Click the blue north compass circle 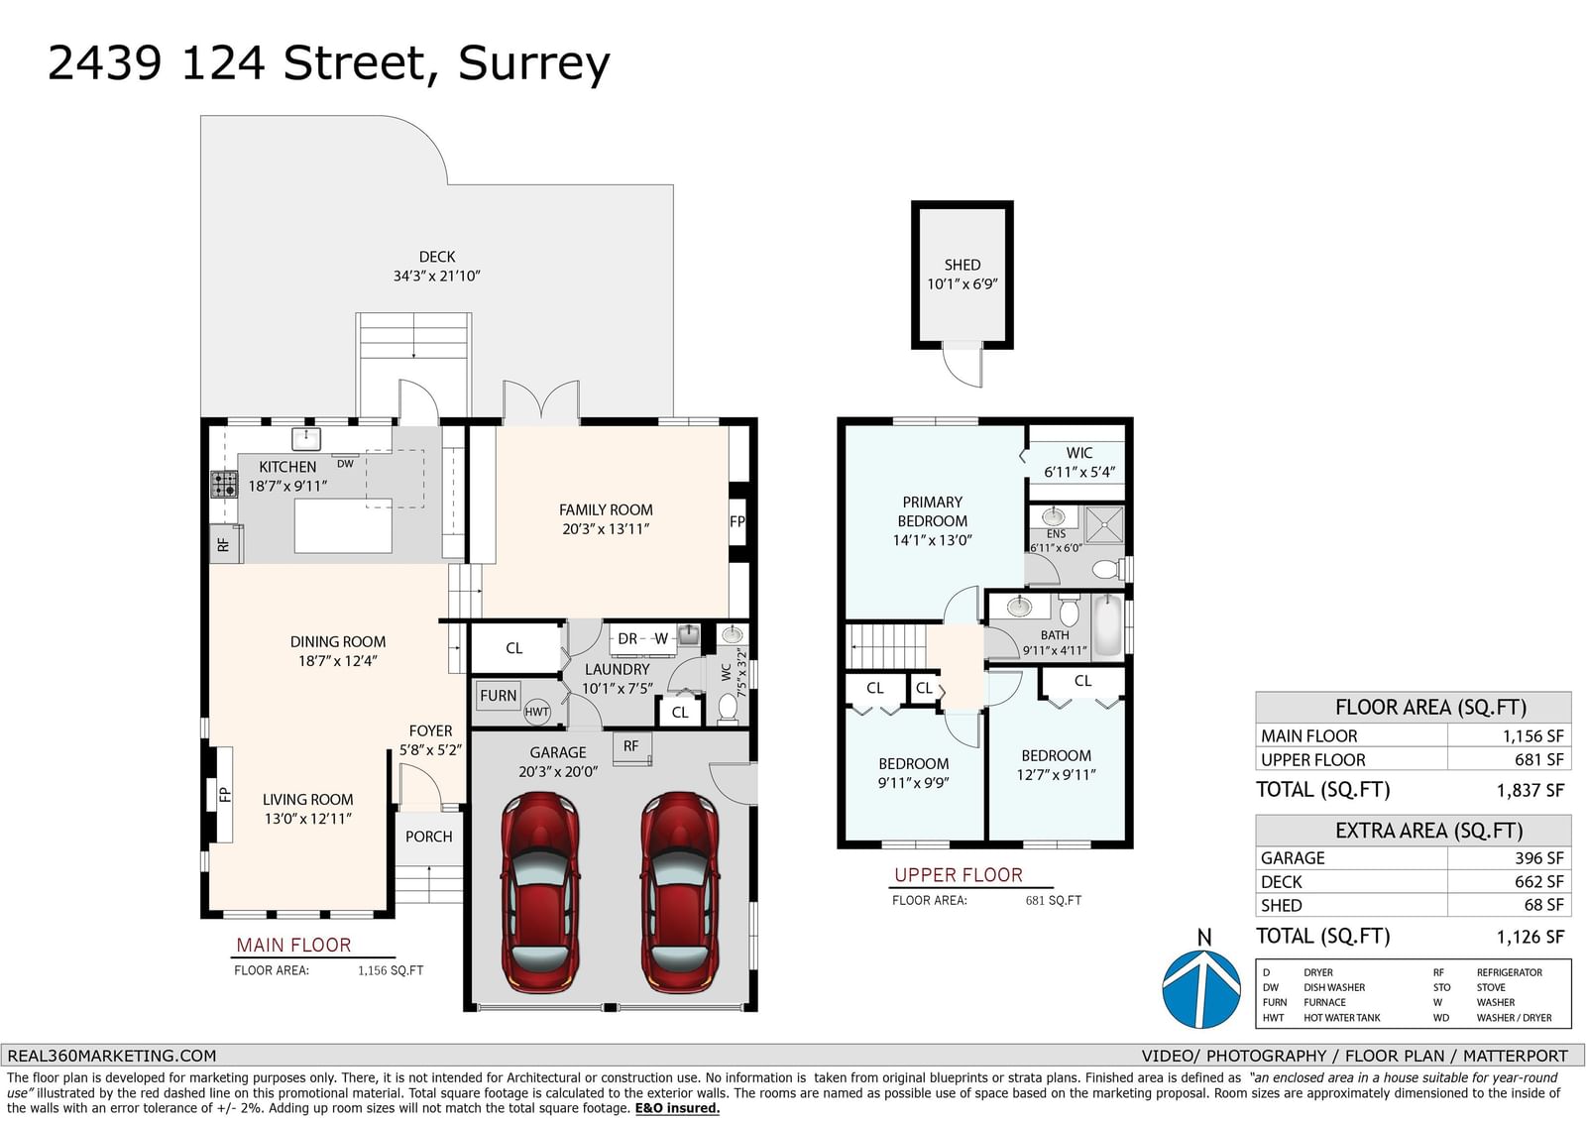1200,989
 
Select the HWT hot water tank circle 536,712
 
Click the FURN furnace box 498,696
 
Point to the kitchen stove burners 224,485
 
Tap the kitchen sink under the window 306,439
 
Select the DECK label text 437,257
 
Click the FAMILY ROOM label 606,509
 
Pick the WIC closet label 1079,453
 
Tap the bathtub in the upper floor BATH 1108,626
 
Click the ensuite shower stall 1104,524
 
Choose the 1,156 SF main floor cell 1532,735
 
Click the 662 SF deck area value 1538,882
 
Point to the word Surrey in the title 534,63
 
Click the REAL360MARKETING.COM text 112,1056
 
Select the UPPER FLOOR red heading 959,875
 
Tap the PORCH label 428,837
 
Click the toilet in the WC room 728,707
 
